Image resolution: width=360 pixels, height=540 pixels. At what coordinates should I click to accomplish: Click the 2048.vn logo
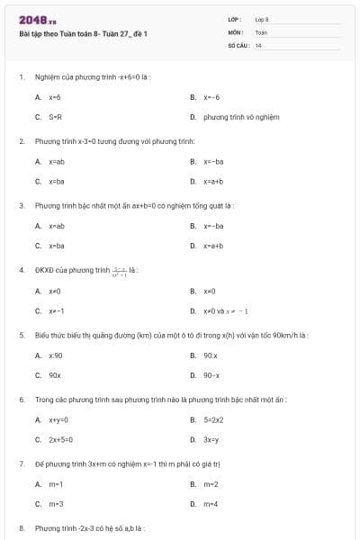click(x=37, y=20)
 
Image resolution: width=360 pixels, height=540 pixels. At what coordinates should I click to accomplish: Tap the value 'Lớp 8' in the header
click(x=262, y=19)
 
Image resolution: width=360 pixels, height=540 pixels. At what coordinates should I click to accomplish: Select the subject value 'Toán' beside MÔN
click(x=261, y=31)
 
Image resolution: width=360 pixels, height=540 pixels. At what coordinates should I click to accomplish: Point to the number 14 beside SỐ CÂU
click(x=258, y=44)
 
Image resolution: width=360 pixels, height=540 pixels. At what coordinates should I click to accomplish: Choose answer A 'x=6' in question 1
click(x=55, y=96)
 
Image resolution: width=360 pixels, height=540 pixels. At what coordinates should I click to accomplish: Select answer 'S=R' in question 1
click(x=56, y=117)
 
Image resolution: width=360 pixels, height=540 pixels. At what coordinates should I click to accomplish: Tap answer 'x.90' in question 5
click(x=56, y=355)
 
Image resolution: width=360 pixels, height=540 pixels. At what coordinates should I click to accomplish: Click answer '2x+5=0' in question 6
click(x=60, y=439)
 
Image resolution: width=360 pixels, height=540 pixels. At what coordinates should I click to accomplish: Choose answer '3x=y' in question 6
click(x=211, y=439)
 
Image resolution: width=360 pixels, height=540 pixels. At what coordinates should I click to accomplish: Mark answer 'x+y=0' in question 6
click(x=58, y=419)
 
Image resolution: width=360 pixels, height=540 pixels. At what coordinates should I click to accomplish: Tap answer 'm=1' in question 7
click(x=56, y=483)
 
